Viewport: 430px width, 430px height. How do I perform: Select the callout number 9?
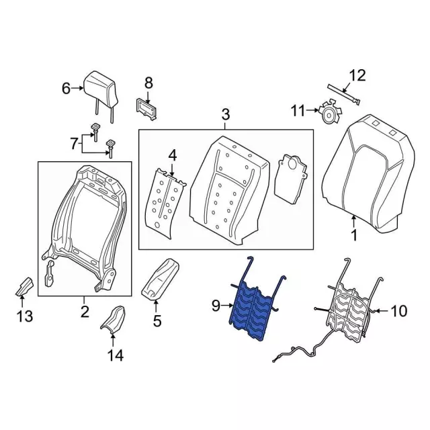point(216,306)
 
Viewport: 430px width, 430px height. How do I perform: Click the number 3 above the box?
point(225,115)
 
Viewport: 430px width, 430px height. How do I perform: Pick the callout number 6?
point(66,88)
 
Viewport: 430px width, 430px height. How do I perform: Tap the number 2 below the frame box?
point(85,310)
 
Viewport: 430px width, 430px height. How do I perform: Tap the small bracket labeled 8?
point(148,107)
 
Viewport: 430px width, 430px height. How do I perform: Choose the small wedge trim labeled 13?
point(25,286)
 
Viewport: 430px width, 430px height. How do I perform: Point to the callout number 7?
point(75,142)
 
